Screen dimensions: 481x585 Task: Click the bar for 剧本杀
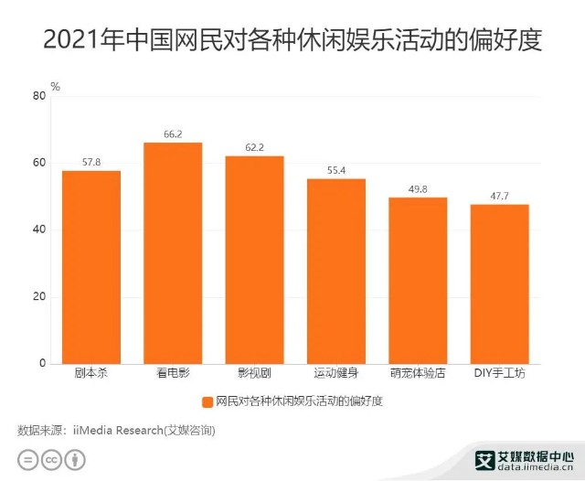91,267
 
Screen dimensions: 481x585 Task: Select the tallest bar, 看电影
173,253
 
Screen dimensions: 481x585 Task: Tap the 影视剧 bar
254,260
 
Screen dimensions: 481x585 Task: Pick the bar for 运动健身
335,272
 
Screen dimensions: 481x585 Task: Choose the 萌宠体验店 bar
418,281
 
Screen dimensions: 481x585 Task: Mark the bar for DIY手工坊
499,284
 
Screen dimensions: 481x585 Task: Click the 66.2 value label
173,134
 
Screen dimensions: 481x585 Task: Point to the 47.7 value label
499,197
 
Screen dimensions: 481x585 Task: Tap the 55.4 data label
335,171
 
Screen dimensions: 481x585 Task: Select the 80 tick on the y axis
38,96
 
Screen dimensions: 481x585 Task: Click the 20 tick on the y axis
38,297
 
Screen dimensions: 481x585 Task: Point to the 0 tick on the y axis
42,364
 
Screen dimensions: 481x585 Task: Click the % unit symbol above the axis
55,87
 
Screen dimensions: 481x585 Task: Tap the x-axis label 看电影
173,375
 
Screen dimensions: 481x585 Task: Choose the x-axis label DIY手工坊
499,375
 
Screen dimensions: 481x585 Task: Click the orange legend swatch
208,401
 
